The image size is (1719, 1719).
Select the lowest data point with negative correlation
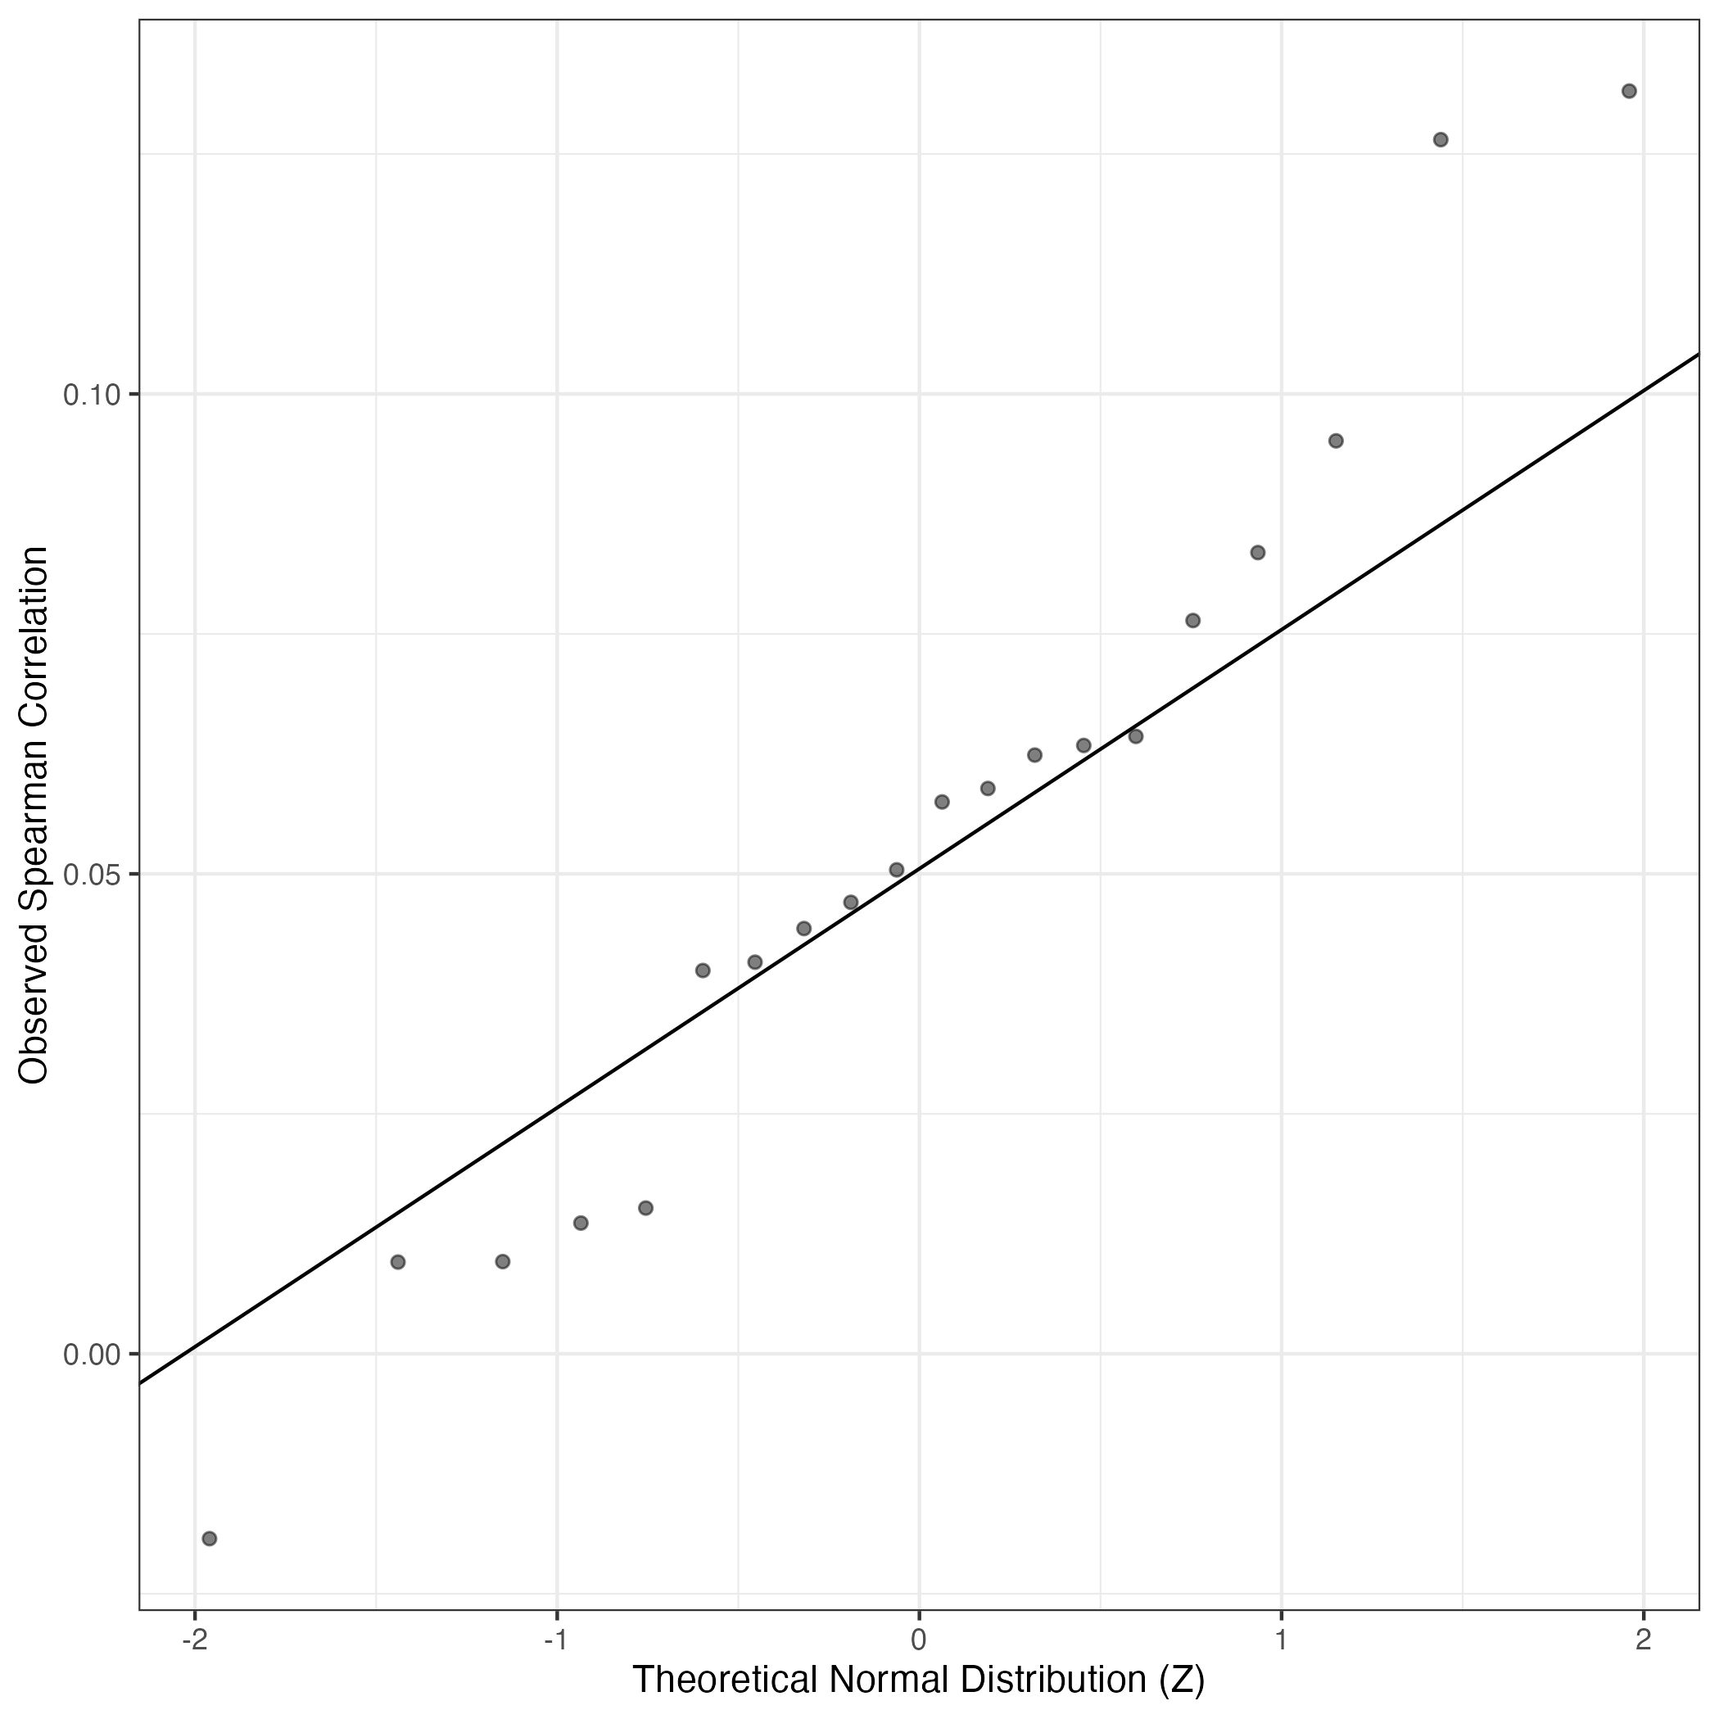pos(210,1538)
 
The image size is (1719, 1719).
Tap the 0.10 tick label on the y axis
pos(92,394)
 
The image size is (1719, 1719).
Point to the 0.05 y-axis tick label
pos(92,875)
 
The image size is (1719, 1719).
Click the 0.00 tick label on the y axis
pos(92,1355)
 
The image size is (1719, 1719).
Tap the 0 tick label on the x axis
pos(919,1639)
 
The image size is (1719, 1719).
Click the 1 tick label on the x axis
pos(1281,1639)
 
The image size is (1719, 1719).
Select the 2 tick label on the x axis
pos(1644,1639)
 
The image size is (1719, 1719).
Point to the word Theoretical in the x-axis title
pos(724,1681)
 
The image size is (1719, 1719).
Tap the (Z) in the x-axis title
pos(1182,1681)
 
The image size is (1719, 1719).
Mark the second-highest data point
pos(1441,140)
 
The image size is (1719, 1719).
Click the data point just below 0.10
pos(1336,441)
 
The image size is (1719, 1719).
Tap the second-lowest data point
pos(398,1262)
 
